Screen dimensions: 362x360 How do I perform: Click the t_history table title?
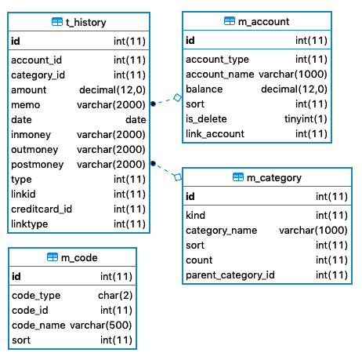coord(86,23)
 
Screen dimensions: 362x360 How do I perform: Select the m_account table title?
coord(263,22)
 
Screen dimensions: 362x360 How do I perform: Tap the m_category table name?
coord(274,178)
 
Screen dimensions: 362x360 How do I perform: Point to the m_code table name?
coord(79,258)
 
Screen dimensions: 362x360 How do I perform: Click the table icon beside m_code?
coord(52,257)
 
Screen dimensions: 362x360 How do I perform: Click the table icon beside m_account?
coord(230,21)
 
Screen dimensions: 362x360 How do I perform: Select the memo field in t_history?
coord(26,105)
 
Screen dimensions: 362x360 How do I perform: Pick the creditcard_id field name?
coord(42,209)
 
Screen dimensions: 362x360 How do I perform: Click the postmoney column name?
coord(38,165)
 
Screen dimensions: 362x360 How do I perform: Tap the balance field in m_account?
coord(205,89)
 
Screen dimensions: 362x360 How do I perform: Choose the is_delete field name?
coord(206,119)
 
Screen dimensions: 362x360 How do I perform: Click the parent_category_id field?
coord(230,275)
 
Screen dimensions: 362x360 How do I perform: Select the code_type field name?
coord(36,296)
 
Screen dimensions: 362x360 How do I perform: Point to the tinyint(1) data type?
coord(306,119)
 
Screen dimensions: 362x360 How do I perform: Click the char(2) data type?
coord(115,296)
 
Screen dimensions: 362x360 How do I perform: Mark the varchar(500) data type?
coord(101,325)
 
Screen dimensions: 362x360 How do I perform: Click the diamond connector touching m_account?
coord(178,98)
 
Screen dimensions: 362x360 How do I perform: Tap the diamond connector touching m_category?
coord(178,177)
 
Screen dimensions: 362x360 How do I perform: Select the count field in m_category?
coord(199,260)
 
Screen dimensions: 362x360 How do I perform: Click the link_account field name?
coord(215,134)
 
